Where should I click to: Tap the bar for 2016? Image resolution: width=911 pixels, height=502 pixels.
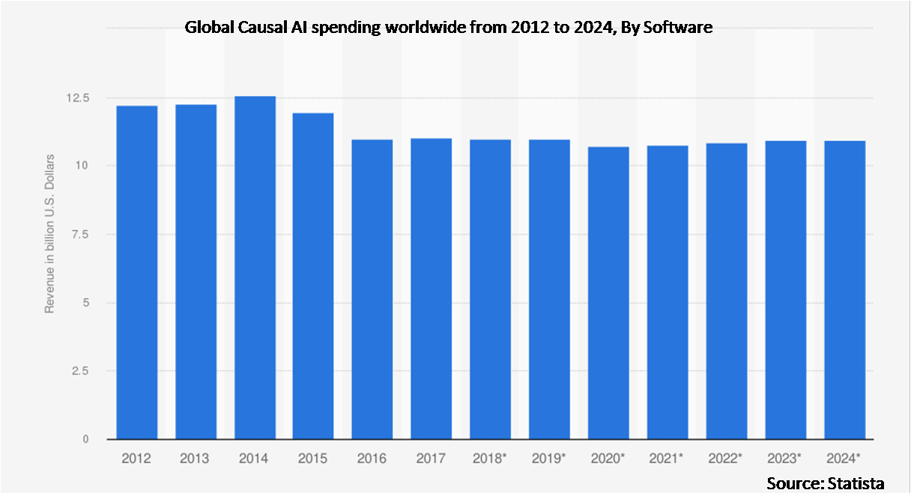tap(372, 289)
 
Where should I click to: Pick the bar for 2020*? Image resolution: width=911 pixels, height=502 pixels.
tap(608, 293)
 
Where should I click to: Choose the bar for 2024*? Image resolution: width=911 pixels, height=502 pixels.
tap(844, 290)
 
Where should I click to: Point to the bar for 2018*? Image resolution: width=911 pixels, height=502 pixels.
tap(491, 289)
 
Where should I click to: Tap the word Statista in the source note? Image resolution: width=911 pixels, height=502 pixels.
tap(854, 483)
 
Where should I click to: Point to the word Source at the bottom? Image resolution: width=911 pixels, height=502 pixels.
tap(793, 483)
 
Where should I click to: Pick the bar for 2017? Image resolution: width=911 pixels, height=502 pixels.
tap(432, 288)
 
